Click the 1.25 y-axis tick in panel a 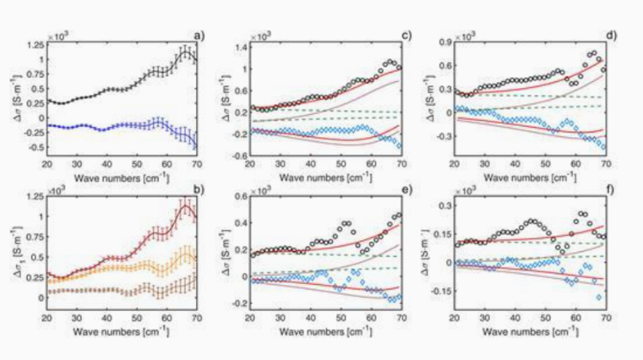(x=34, y=46)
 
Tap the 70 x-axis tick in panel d (x=605, y=163)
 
